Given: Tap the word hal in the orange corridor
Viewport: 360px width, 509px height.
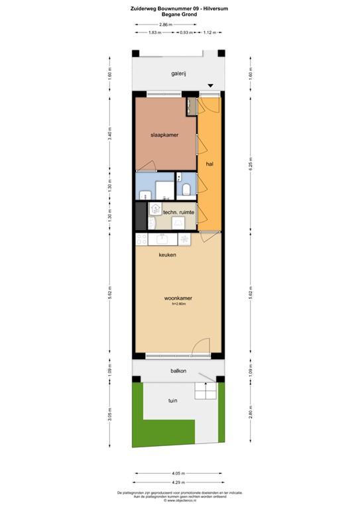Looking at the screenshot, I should click(209, 163).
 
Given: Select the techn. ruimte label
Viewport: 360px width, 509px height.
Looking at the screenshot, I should click(178, 212).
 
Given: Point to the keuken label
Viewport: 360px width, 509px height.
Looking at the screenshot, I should click(166, 254).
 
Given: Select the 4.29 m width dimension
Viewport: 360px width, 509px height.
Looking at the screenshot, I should click(178, 482).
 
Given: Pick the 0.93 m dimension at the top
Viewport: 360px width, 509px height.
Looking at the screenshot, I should click(186, 32).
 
